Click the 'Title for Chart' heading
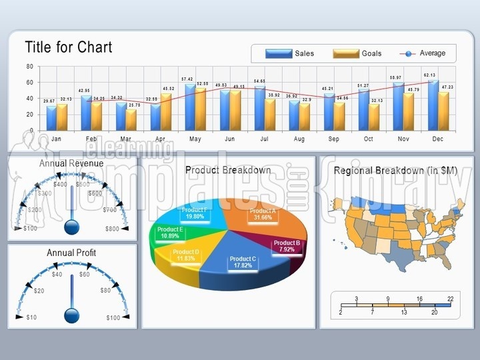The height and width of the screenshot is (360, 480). tap(69, 47)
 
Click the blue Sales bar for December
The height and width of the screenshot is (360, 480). tap(433, 105)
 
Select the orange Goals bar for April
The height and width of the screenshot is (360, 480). tap(166, 111)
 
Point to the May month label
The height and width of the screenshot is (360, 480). tap(195, 139)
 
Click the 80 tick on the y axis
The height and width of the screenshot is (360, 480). tap(30, 67)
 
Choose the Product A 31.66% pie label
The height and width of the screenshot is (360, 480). tap(262, 214)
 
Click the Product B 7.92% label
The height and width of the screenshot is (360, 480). tap(287, 246)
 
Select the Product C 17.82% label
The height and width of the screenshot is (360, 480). tap(242, 262)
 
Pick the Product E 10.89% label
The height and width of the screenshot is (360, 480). tap(171, 233)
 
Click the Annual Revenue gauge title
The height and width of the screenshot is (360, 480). tap(71, 163)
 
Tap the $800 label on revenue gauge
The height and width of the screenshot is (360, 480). tap(112, 229)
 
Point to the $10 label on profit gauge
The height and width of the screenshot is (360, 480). tap(31, 317)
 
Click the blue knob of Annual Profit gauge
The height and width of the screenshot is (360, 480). tap(71, 315)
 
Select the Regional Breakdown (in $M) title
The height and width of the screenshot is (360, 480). tap(395, 171)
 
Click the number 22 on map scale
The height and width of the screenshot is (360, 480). tap(450, 299)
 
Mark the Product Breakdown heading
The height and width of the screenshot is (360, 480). tap(228, 170)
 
